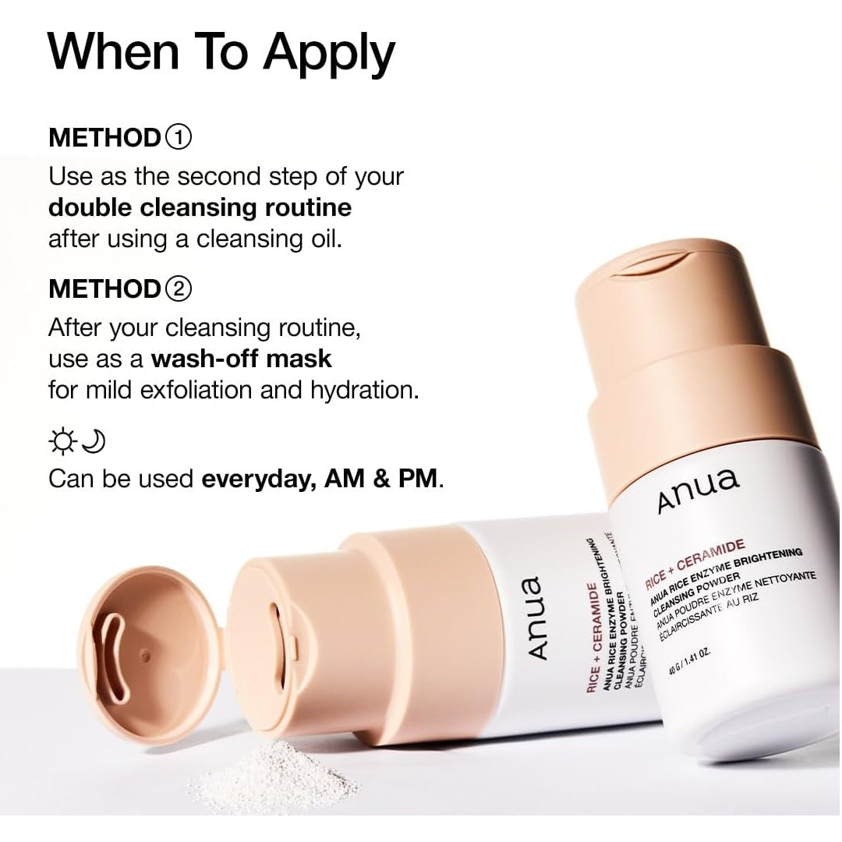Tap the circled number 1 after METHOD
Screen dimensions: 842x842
click(179, 138)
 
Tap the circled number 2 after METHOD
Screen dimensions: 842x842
click(179, 288)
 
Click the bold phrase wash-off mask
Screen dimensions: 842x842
click(242, 359)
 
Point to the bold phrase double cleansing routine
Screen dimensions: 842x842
click(200, 208)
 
